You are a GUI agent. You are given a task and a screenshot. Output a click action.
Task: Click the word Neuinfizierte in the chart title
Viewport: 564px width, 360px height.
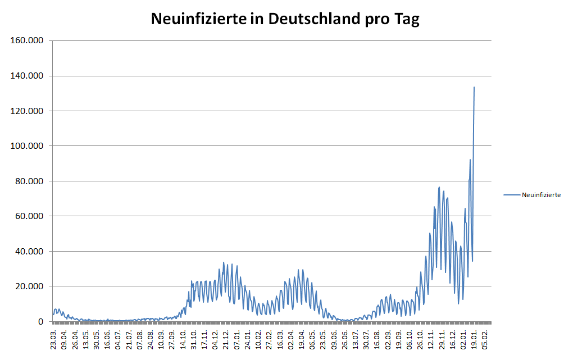[198, 19]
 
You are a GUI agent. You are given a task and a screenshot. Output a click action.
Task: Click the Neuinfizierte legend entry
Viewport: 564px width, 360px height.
[540, 195]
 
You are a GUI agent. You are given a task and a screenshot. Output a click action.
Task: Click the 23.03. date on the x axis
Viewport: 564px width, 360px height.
[53, 340]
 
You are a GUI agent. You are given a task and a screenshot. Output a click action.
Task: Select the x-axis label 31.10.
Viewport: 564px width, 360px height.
[194, 340]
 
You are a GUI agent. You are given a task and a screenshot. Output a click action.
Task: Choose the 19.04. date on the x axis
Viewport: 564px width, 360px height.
[303, 340]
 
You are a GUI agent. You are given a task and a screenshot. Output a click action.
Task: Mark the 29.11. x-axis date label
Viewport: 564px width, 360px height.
[444, 340]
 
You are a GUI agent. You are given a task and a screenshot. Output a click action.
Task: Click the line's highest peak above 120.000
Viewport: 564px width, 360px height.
[474, 88]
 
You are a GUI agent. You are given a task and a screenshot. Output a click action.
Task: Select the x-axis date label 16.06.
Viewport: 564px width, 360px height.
[107, 340]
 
